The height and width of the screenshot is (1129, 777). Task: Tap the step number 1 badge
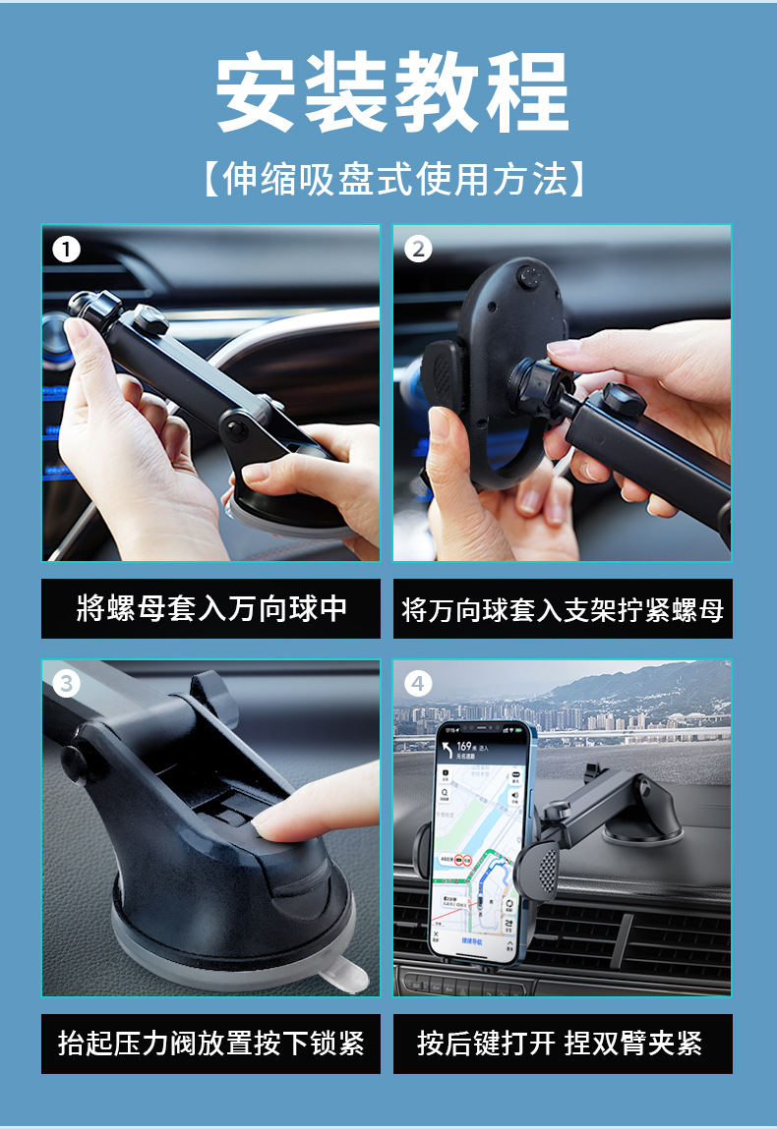click(66, 250)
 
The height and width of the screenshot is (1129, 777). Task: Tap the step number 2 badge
click(418, 250)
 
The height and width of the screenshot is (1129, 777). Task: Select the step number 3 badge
click(66, 683)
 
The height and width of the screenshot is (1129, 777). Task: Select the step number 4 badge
click(418, 683)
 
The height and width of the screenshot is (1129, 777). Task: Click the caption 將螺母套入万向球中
click(211, 609)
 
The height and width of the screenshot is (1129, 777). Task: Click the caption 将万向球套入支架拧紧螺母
click(563, 609)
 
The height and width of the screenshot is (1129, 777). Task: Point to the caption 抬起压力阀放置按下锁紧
click(211, 1043)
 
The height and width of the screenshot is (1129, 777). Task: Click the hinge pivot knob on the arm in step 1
click(237, 426)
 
